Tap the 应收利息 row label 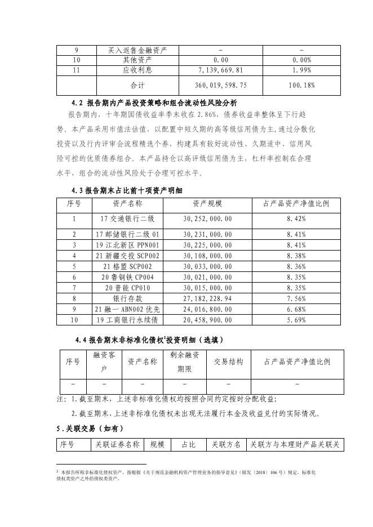coord(137,70)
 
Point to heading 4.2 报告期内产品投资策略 coord(154,104)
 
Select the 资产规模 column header coord(207,203)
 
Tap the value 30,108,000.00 coord(207,256)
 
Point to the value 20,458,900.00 coord(207,320)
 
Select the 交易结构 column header coord(228,362)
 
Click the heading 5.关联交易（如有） coord(94,428)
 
